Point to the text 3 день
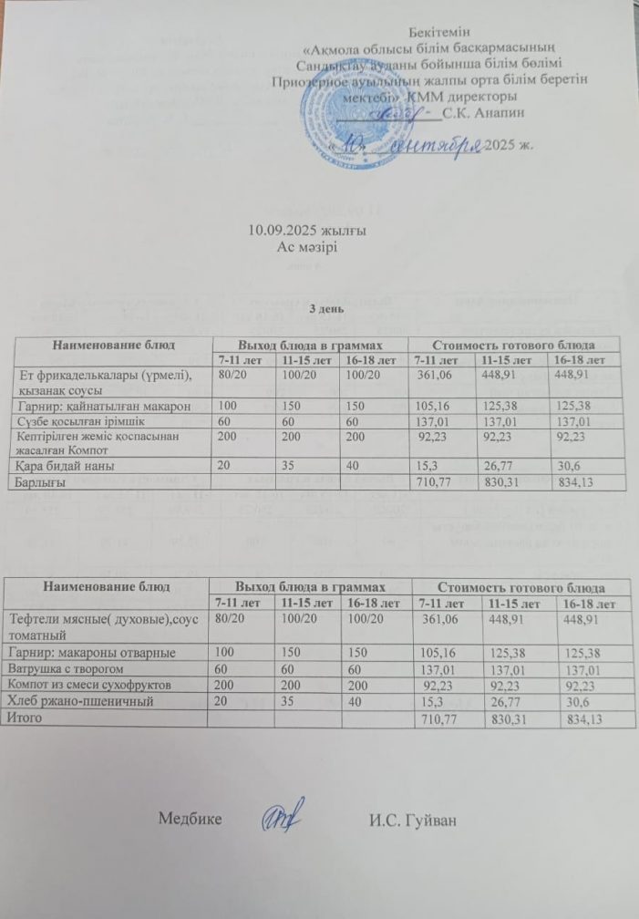point(325,309)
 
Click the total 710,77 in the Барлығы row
point(435,481)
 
